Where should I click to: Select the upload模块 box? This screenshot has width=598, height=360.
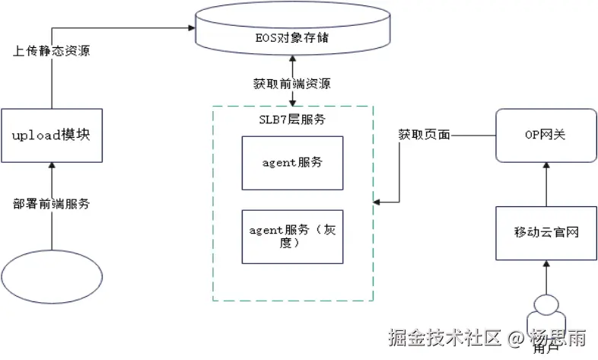pos(51,135)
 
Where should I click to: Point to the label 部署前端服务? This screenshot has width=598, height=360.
pos(51,203)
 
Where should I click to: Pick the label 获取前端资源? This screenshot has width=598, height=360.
pos(292,84)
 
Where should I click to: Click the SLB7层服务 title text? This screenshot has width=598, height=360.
pos(292,120)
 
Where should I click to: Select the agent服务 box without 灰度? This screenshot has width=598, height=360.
pos(292,163)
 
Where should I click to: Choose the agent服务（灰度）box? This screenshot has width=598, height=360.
pos(292,236)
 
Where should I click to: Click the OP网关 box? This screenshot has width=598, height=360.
pos(545,135)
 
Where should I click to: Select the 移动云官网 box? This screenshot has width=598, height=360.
pos(545,232)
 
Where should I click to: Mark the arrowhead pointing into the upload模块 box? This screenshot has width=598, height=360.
pos(51,165)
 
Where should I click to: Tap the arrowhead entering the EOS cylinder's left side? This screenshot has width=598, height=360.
pos(189,28)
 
